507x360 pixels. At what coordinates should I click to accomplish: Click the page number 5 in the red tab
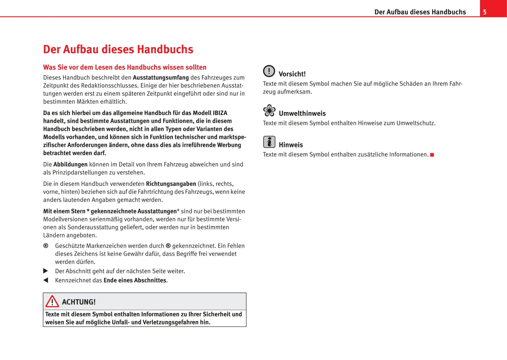pos(485,12)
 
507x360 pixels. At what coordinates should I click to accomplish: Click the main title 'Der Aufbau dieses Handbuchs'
pos(118,49)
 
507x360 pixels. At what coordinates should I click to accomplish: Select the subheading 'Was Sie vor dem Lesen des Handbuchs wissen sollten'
pos(125,67)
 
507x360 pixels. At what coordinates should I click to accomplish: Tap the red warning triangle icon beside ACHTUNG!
pos(52,301)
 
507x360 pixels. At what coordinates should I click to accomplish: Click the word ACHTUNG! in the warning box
pos(79,302)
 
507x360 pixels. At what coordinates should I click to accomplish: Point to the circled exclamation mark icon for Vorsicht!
pos(269,71)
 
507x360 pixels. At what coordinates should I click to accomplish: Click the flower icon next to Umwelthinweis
pos(269,111)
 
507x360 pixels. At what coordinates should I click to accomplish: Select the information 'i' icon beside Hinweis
pos(269,142)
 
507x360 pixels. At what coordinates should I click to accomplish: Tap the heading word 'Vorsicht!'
pos(292,74)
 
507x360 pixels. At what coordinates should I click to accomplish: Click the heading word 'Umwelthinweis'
pos(302,113)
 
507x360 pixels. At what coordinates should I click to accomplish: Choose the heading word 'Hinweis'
pos(291,145)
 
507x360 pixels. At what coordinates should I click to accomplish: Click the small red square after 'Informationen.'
pos(432,155)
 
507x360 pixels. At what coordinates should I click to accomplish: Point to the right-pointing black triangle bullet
pos(46,271)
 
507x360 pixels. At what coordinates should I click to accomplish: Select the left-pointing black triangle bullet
pos(46,280)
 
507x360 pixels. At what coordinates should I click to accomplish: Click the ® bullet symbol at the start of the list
pos(46,246)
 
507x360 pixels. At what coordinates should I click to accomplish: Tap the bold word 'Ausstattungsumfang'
pos(161,78)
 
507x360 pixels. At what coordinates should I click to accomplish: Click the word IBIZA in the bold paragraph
pos(220,113)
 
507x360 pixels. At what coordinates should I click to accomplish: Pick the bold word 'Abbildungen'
pos(70,165)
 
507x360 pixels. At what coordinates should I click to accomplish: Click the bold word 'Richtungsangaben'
pos(171,184)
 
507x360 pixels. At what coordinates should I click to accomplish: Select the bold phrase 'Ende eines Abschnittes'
pos(135,280)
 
